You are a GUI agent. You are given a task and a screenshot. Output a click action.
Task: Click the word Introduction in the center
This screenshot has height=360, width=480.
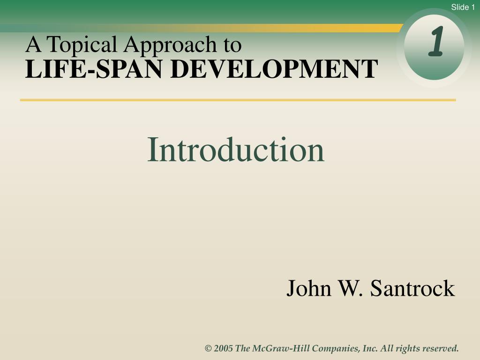236,150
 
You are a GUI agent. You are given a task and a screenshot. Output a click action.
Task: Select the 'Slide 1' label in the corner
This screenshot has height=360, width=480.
463,7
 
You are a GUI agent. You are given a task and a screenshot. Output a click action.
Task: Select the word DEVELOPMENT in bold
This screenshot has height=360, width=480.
274,69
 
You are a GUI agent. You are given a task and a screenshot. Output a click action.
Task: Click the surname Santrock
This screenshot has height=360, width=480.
412,288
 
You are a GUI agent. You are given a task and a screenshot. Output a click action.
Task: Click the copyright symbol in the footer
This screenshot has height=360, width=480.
208,348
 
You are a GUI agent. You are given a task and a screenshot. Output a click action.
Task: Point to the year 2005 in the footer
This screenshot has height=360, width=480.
224,348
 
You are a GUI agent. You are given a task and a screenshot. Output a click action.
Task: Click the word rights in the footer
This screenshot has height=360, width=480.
408,348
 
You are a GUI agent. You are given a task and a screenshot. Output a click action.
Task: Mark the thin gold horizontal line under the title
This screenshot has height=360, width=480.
238,100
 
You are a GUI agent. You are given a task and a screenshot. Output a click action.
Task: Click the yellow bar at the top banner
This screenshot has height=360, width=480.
328,28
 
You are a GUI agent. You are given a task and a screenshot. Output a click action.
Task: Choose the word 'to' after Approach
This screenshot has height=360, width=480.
232,45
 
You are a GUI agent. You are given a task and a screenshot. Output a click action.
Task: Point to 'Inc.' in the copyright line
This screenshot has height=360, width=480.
370,348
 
